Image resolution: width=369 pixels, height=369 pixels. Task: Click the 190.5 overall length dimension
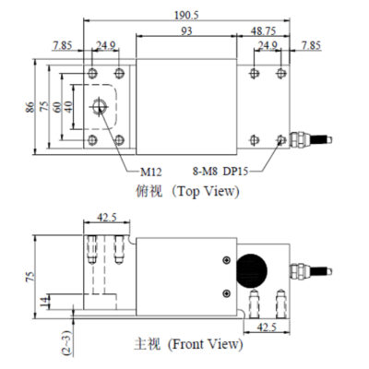pos(186,16)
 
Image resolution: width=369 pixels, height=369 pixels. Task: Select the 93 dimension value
pos(186,31)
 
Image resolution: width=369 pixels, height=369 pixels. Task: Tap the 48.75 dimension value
pos(263,31)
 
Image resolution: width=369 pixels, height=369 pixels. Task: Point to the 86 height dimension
pos(30,107)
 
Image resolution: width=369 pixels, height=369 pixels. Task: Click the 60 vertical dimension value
pos(57,107)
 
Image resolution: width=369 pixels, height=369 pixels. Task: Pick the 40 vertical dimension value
pos(68,107)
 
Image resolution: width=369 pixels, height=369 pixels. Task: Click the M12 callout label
pos(150,172)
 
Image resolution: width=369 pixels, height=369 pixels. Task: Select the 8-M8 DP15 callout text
pos(220,171)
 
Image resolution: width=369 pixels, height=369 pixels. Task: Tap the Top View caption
pos(187,191)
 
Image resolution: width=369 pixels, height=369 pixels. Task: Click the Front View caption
pos(188,344)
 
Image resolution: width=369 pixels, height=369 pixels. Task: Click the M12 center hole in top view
pos(99,107)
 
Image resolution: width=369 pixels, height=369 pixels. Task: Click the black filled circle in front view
pos(251,271)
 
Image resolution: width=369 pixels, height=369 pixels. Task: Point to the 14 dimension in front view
pos(45,303)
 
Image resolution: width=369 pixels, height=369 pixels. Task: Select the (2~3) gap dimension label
pos(67,343)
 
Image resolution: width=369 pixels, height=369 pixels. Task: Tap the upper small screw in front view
pos(227,260)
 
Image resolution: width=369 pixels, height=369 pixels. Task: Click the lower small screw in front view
pos(227,293)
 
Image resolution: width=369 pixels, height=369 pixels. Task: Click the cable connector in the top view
pos(311,139)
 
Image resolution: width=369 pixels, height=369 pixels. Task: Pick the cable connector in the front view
pos(311,271)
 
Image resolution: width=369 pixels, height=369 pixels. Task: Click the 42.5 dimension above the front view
pos(107,218)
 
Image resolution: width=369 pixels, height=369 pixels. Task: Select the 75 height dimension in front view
pos(30,277)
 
